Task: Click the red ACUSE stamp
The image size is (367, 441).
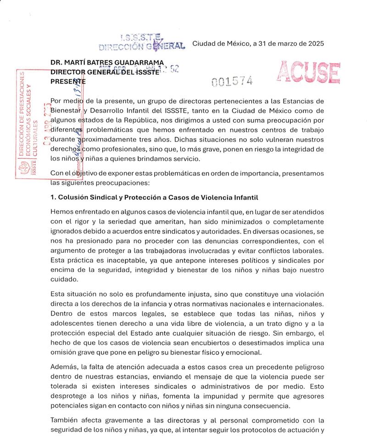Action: pyautogui.click(x=308, y=73)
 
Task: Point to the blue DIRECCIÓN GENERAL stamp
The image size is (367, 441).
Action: pyautogui.click(x=142, y=43)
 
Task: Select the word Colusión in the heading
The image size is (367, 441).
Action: pyautogui.click(x=74, y=197)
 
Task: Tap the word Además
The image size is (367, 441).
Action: pyautogui.click(x=64, y=363)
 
